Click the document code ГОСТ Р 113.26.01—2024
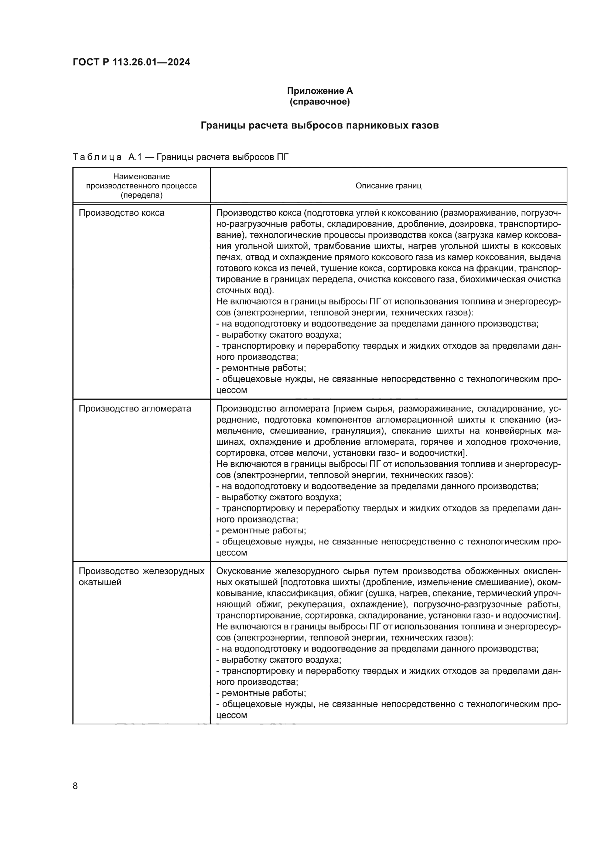(x=131, y=62)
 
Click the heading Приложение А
(x=320, y=91)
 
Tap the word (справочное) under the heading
(x=320, y=102)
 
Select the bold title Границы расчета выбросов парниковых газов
(x=320, y=125)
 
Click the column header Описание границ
(x=388, y=185)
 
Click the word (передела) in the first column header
(x=141, y=195)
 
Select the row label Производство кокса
(x=122, y=213)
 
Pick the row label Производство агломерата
(x=135, y=409)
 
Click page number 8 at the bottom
(x=75, y=786)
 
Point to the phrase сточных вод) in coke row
(x=243, y=290)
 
